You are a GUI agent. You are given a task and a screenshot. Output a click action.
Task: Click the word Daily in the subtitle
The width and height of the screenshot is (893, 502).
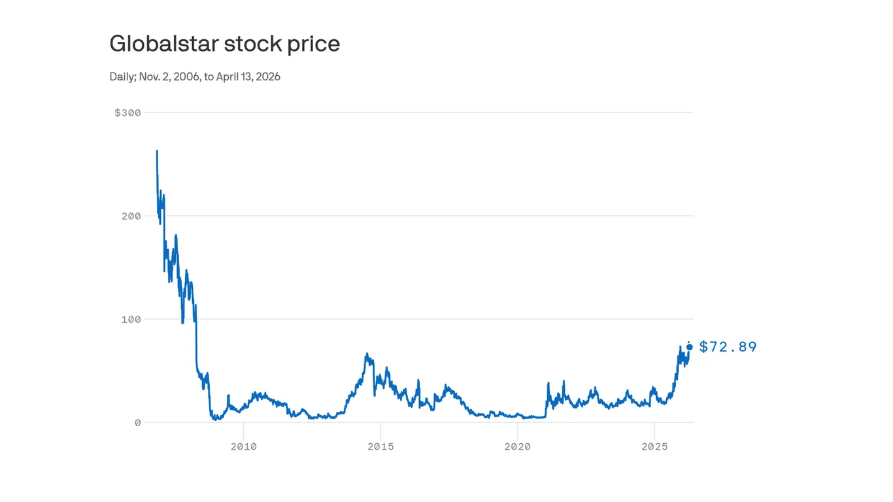[x=122, y=76]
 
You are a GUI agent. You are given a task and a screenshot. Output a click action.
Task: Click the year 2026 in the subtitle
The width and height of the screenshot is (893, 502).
[x=267, y=76]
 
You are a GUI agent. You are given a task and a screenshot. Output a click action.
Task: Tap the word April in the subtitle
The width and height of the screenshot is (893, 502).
[x=229, y=76]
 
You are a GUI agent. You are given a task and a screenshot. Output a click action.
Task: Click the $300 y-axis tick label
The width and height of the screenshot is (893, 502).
[x=127, y=112]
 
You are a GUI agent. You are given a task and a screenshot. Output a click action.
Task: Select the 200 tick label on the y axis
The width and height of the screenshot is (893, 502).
[x=131, y=216]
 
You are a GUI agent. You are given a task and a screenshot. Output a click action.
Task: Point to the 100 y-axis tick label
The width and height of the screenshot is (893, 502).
[x=131, y=319]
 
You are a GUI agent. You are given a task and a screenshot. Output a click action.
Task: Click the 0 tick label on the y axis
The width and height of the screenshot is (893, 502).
[x=137, y=422]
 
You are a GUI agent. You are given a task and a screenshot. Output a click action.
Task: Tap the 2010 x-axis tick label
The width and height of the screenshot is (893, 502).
[x=244, y=446]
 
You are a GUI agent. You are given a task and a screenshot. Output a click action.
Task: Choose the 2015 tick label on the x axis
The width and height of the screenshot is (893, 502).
[x=380, y=446]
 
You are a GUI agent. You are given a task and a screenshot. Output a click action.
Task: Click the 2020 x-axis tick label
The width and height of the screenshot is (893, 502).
[x=517, y=446]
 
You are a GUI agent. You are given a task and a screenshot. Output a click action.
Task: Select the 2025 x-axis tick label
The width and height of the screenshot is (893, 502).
[x=654, y=446]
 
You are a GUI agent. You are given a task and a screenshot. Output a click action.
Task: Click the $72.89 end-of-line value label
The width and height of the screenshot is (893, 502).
[x=728, y=347]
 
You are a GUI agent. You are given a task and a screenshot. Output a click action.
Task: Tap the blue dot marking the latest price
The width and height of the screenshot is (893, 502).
[x=689, y=347]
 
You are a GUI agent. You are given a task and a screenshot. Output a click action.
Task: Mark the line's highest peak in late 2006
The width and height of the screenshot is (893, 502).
[x=157, y=152]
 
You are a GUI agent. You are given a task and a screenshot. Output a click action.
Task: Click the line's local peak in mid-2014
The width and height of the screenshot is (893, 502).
[x=367, y=354]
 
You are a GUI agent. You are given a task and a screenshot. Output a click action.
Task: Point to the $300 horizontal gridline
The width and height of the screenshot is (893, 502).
[x=418, y=112]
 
